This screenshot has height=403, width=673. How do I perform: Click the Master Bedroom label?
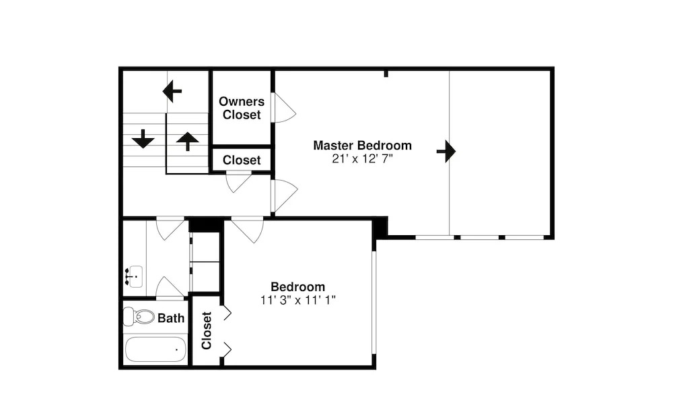coord(362,145)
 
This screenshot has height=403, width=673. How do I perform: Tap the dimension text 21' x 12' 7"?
coord(362,158)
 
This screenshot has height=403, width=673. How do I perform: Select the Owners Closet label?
coord(242,108)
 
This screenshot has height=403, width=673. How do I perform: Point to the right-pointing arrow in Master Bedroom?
coord(446,151)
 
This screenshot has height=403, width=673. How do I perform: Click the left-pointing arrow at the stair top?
coord(172,90)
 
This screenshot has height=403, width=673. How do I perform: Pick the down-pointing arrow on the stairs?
coord(143,139)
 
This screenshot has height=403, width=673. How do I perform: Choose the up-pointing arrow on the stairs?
coord(187,141)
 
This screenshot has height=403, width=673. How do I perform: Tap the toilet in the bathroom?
coord(141,317)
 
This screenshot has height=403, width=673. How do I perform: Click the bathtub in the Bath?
coord(155,349)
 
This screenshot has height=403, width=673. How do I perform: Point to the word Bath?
coord(171,317)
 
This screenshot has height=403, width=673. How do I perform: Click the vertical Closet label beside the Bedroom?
coord(207,330)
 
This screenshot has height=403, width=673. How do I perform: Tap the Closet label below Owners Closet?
coord(242,160)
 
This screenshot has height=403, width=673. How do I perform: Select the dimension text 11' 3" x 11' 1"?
coord(297,300)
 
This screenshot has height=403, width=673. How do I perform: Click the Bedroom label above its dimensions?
coord(297,286)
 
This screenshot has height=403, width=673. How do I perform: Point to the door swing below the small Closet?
coord(238,181)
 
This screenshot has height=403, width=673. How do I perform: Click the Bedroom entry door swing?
coord(248,229)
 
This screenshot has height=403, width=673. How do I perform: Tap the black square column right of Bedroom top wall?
coord(380,226)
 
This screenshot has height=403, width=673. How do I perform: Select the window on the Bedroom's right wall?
coord(374,302)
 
